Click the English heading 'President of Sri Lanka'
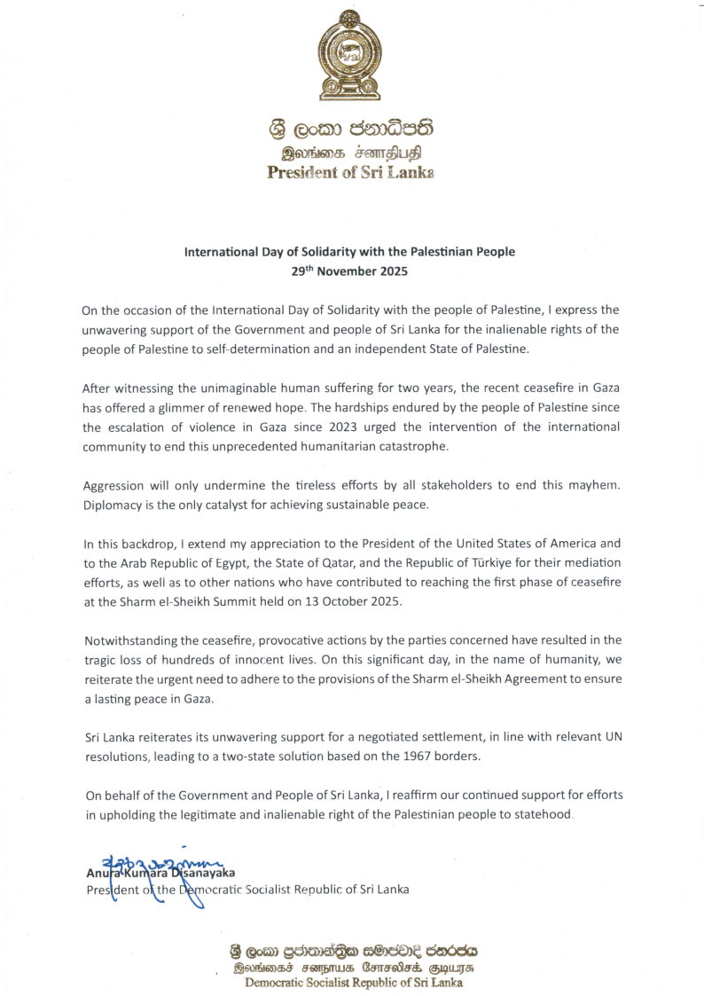[350, 172]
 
